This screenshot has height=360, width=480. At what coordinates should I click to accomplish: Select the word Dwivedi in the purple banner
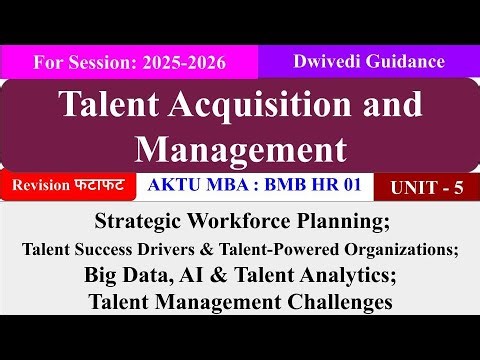(x=335, y=60)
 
